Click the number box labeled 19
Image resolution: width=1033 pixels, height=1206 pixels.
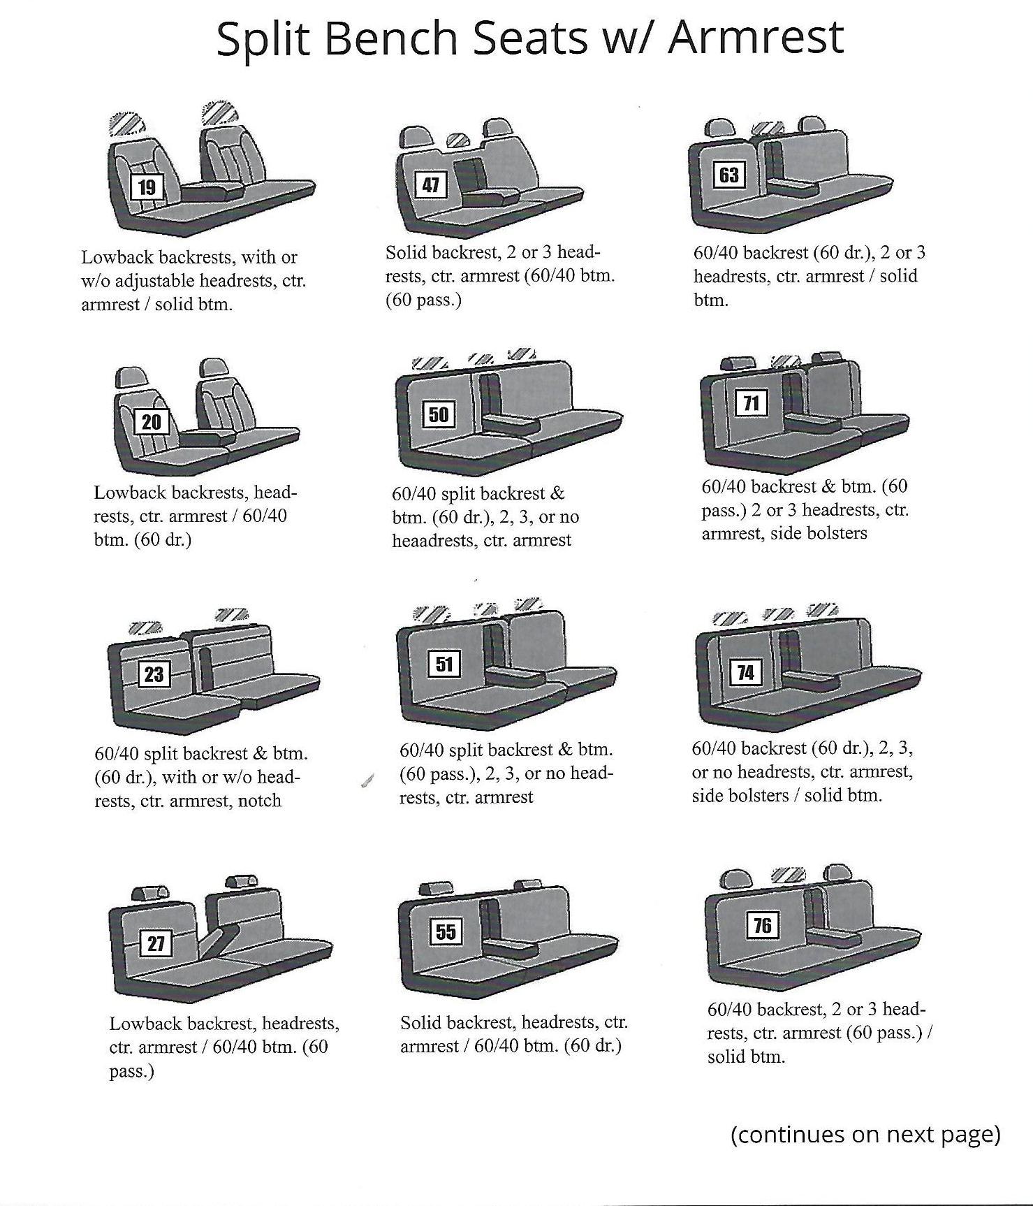tap(147, 187)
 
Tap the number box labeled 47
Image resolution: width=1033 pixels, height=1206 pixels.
tap(431, 184)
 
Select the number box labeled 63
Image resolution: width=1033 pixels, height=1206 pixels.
tap(728, 174)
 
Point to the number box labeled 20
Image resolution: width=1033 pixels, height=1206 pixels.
tap(151, 421)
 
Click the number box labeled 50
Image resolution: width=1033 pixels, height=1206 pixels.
tap(439, 414)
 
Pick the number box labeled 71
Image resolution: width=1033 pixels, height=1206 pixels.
tap(752, 403)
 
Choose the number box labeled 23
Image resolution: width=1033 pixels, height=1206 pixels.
tap(154, 674)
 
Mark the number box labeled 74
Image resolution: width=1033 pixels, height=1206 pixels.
tap(746, 672)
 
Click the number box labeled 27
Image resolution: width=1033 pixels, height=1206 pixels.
tap(156, 944)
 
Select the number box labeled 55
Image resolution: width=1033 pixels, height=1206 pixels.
tap(446, 931)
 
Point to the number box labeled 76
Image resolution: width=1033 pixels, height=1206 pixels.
tap(762, 925)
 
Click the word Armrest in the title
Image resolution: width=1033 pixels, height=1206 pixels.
tap(756, 38)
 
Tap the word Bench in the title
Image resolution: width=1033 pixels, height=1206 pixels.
tap(392, 38)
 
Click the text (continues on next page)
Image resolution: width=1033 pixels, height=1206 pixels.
tap(865, 1133)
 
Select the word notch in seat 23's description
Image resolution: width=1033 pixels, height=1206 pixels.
tap(260, 801)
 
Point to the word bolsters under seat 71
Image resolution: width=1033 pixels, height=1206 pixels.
tap(835, 533)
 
